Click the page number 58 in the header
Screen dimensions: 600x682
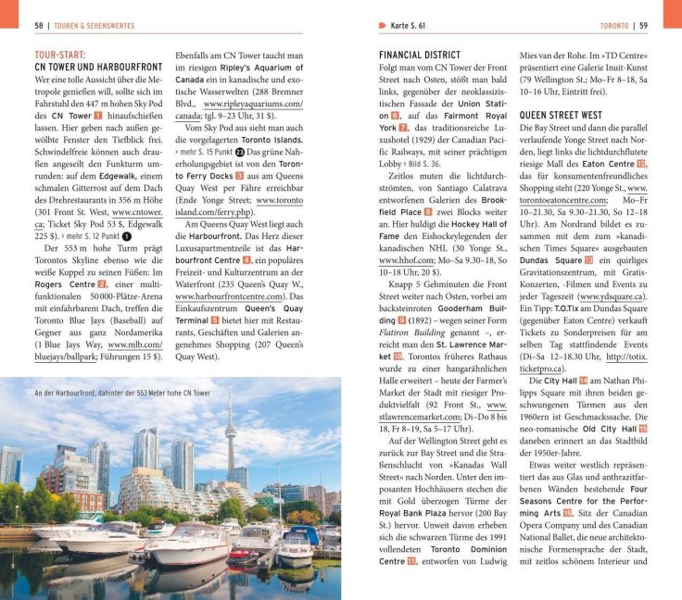point(39,25)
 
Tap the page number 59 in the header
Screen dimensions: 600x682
point(643,25)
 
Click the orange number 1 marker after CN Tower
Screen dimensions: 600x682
point(98,117)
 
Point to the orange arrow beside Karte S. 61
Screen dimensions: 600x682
point(383,25)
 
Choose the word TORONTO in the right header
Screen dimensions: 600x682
point(613,25)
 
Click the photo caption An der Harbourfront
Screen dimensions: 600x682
point(120,394)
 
